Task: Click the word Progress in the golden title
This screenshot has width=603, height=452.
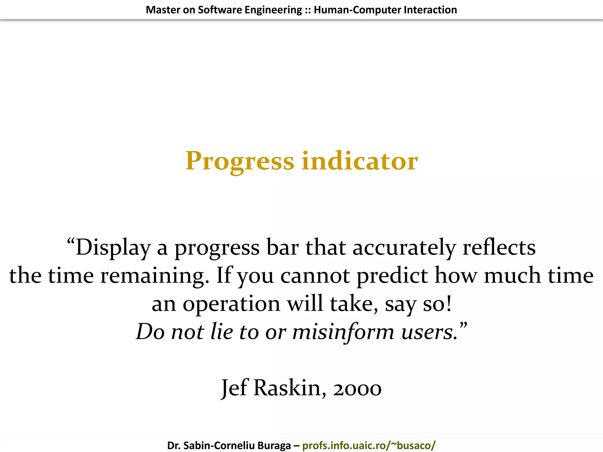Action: [240, 161]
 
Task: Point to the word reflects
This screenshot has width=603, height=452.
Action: [499, 247]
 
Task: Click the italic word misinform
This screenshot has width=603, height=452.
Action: [343, 332]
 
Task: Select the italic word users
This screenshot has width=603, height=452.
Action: [429, 332]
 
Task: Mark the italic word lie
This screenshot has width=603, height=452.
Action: [222, 332]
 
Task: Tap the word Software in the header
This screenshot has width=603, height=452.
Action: [220, 10]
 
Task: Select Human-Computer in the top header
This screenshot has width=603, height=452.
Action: [357, 10]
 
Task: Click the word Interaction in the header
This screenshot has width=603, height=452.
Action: [430, 10]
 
